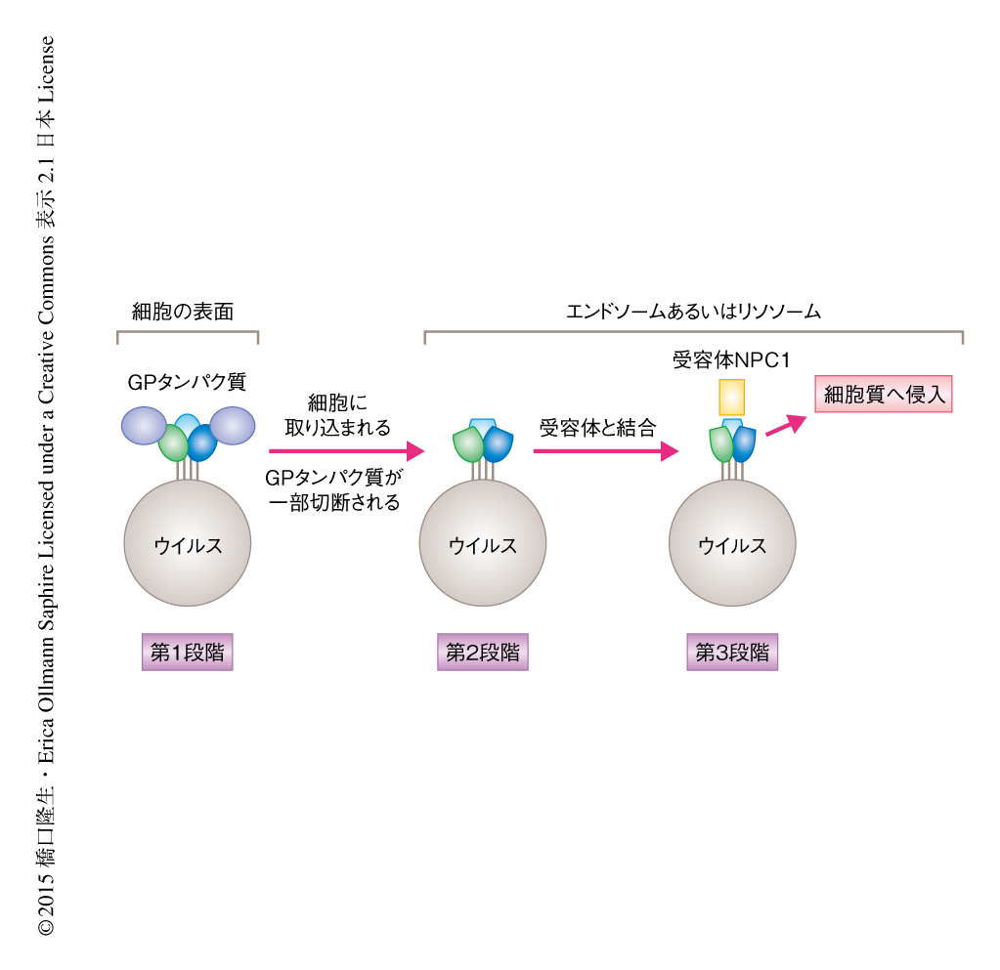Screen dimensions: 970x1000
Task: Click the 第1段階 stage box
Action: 187,653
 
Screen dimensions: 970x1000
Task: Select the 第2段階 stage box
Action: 482,653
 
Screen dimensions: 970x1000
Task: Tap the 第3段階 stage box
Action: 731,653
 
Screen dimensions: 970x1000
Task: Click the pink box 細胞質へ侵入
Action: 883,395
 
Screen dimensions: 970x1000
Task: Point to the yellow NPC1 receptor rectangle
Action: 731,397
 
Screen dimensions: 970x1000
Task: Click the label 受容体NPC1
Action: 731,359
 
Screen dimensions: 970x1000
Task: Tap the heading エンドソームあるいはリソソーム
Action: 693,312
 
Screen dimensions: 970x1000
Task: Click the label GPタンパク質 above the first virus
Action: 186,381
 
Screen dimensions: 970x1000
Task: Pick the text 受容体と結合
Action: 596,427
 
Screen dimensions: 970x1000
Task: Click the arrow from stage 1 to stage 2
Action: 346,450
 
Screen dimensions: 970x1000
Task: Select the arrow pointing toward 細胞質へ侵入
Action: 786,425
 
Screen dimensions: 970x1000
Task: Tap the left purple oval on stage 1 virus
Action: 145,425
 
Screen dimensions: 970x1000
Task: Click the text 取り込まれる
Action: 337,427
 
